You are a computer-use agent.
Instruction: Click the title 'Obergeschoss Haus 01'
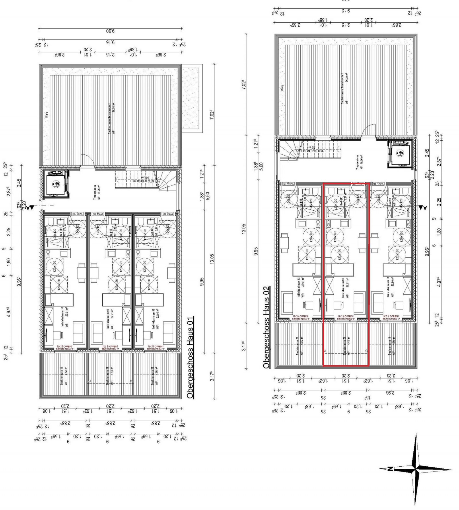click(x=190, y=358)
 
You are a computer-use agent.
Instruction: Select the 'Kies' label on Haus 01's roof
click(x=47, y=115)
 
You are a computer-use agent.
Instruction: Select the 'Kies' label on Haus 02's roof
click(x=282, y=87)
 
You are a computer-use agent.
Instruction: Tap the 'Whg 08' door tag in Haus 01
click(x=168, y=214)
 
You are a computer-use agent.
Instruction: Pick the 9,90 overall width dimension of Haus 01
click(x=110, y=31)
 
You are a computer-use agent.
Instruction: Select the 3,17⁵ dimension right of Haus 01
click(x=212, y=376)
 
